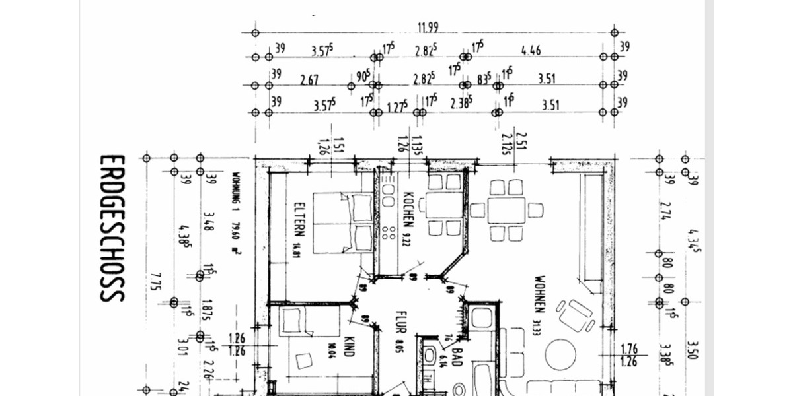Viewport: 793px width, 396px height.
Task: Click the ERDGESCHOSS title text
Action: tap(112, 228)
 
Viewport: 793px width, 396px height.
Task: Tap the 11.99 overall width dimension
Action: tap(428, 27)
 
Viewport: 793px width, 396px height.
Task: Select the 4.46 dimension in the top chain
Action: tap(531, 50)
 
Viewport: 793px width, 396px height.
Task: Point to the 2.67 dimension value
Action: tap(309, 80)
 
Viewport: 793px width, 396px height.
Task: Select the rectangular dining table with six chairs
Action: tap(506, 211)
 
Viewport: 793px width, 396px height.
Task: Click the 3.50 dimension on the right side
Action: tap(692, 350)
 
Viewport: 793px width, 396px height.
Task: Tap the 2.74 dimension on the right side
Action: tap(669, 211)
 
